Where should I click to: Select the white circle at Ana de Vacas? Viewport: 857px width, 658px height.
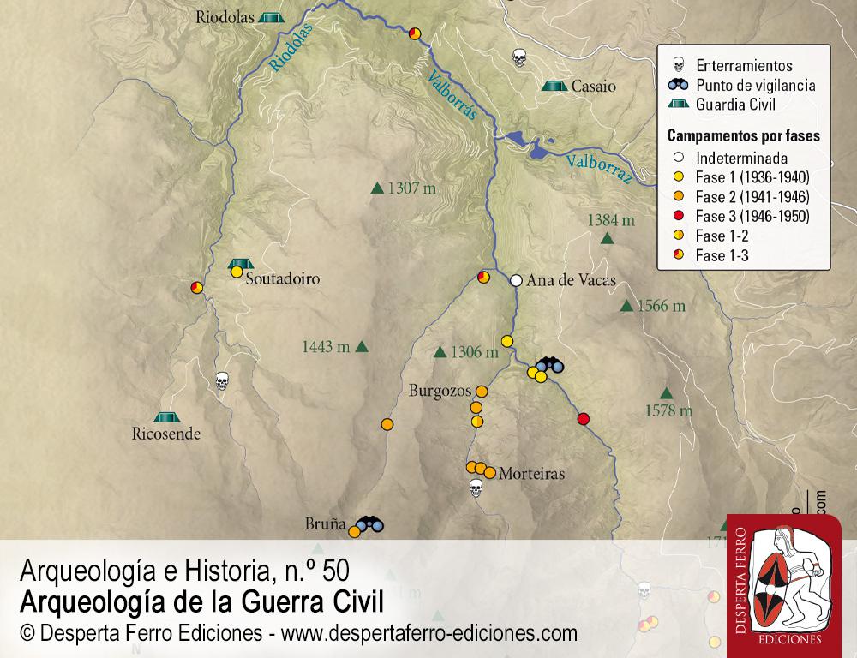(x=516, y=280)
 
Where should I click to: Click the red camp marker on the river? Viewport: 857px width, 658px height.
(x=584, y=419)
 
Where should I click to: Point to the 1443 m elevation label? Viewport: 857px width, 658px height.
(x=326, y=347)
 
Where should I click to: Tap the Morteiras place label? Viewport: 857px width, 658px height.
(x=531, y=473)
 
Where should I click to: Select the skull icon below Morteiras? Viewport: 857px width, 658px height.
(x=476, y=488)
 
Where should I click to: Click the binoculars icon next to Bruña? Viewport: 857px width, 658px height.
(x=370, y=523)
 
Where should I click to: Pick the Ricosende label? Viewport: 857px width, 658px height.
(x=166, y=434)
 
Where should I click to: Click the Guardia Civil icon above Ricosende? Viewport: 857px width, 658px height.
(x=166, y=416)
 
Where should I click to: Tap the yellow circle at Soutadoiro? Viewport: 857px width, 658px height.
(x=236, y=272)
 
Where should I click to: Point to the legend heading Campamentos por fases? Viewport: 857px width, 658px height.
(x=744, y=136)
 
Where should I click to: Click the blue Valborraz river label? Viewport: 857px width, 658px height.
(x=599, y=171)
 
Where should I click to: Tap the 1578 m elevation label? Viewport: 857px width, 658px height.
(x=668, y=411)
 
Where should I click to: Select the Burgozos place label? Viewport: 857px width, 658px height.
(x=440, y=391)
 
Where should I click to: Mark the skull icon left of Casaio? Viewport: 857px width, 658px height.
(x=518, y=58)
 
